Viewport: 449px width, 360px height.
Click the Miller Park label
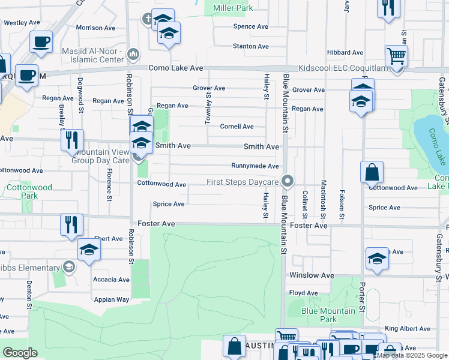coord(229,8)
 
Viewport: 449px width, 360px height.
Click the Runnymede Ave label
coord(255,166)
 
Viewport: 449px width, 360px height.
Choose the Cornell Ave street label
coord(237,127)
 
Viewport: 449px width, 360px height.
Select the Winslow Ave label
coord(312,275)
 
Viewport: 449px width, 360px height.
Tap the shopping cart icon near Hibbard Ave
coord(396,56)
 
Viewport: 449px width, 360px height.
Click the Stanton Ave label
coord(250,46)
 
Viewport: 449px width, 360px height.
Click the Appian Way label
coord(111,299)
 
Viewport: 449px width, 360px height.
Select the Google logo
coord(20,353)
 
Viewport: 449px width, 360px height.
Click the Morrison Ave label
coord(95,28)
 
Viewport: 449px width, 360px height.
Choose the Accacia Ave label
coord(111,280)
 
